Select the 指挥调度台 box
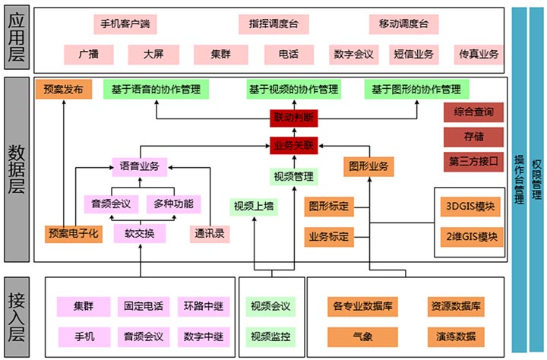[x=273, y=24]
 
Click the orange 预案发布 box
[x=64, y=89]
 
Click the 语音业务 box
[x=139, y=164]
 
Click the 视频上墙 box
[x=253, y=206]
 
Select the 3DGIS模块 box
[x=471, y=206]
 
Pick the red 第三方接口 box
[x=473, y=161]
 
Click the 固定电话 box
[x=143, y=306]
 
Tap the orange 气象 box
[x=362, y=335]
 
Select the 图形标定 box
[x=329, y=206]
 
